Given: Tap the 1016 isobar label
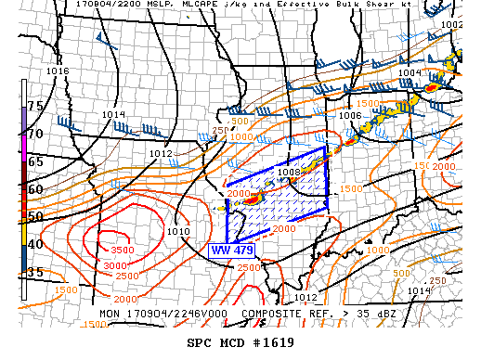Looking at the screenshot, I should tap(58, 71).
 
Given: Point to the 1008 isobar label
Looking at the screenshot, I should tap(288, 172).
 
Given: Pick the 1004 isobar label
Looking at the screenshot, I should tap(409, 72).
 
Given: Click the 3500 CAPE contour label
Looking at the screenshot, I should tap(122, 250).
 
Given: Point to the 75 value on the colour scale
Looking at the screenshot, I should tap(35, 106).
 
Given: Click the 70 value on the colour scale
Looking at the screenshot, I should tap(35, 134).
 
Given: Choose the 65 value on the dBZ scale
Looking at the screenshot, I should tap(35, 161).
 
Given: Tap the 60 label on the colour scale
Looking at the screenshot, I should tap(35, 189).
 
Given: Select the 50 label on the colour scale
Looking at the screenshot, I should tap(35, 217).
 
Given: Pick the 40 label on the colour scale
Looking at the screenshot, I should tap(35, 245).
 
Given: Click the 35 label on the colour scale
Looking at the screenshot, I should tap(35, 273).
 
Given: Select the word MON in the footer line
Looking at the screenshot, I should tap(111, 314).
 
